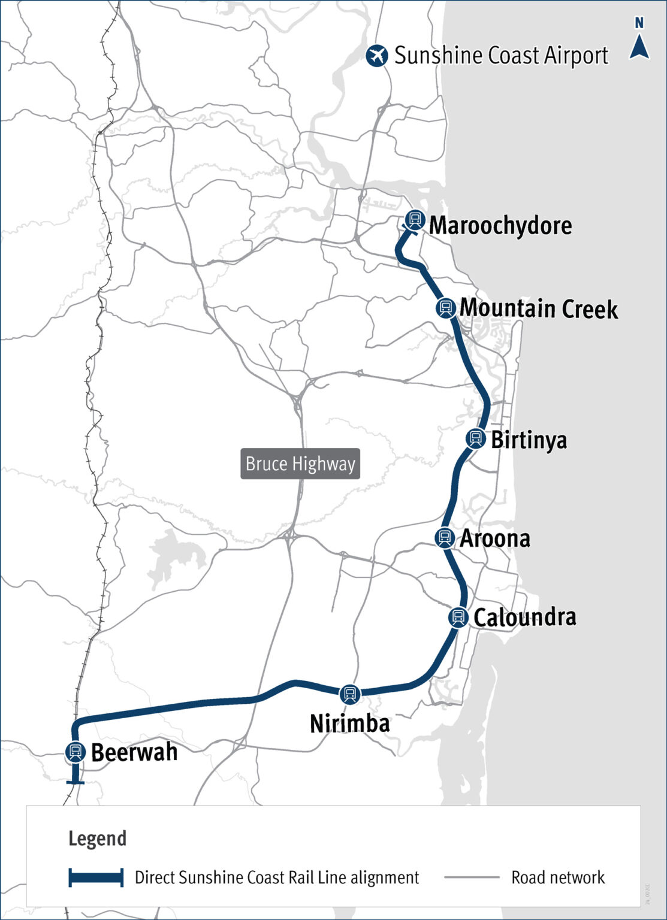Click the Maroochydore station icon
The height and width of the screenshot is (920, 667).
[414, 220]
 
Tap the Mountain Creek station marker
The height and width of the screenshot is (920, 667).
[445, 307]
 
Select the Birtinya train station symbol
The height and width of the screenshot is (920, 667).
[476, 438]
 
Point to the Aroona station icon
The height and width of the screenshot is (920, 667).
[444, 537]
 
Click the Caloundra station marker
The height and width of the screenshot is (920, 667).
[458, 616]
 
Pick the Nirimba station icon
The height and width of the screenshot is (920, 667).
[350, 694]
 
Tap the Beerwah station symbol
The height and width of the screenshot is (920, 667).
[76, 752]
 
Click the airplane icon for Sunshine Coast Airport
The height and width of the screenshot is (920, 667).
[377, 56]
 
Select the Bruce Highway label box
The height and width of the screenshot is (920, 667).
[300, 464]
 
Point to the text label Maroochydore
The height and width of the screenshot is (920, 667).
[500, 226]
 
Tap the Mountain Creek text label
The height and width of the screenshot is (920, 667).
[538, 308]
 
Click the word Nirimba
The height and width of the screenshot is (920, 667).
[350, 724]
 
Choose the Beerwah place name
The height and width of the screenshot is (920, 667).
[134, 752]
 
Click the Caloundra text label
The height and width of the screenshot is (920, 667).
[525, 617]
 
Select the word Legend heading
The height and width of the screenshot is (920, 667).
[97, 839]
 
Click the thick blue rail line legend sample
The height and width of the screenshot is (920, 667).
[96, 877]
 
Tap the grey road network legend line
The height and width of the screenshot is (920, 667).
[472, 877]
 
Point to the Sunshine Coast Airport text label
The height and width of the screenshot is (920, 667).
[501, 56]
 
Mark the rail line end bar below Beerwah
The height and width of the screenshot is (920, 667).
[75, 782]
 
